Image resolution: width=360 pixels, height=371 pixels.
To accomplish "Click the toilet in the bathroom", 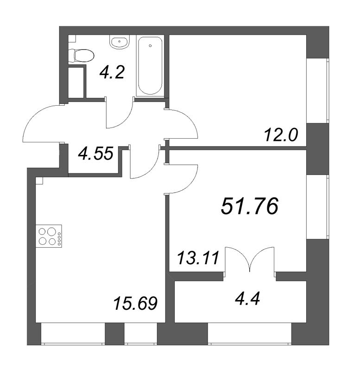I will click(x=81, y=56).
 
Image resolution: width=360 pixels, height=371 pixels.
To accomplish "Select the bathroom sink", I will click(x=120, y=42).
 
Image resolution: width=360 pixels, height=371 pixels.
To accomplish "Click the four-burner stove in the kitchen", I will click(x=49, y=236).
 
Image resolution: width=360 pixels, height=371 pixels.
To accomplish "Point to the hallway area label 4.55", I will click(x=96, y=154).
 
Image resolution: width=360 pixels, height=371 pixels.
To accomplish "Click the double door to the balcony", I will click(x=250, y=260).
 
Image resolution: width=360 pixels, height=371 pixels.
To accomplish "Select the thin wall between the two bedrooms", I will click(x=236, y=148).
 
